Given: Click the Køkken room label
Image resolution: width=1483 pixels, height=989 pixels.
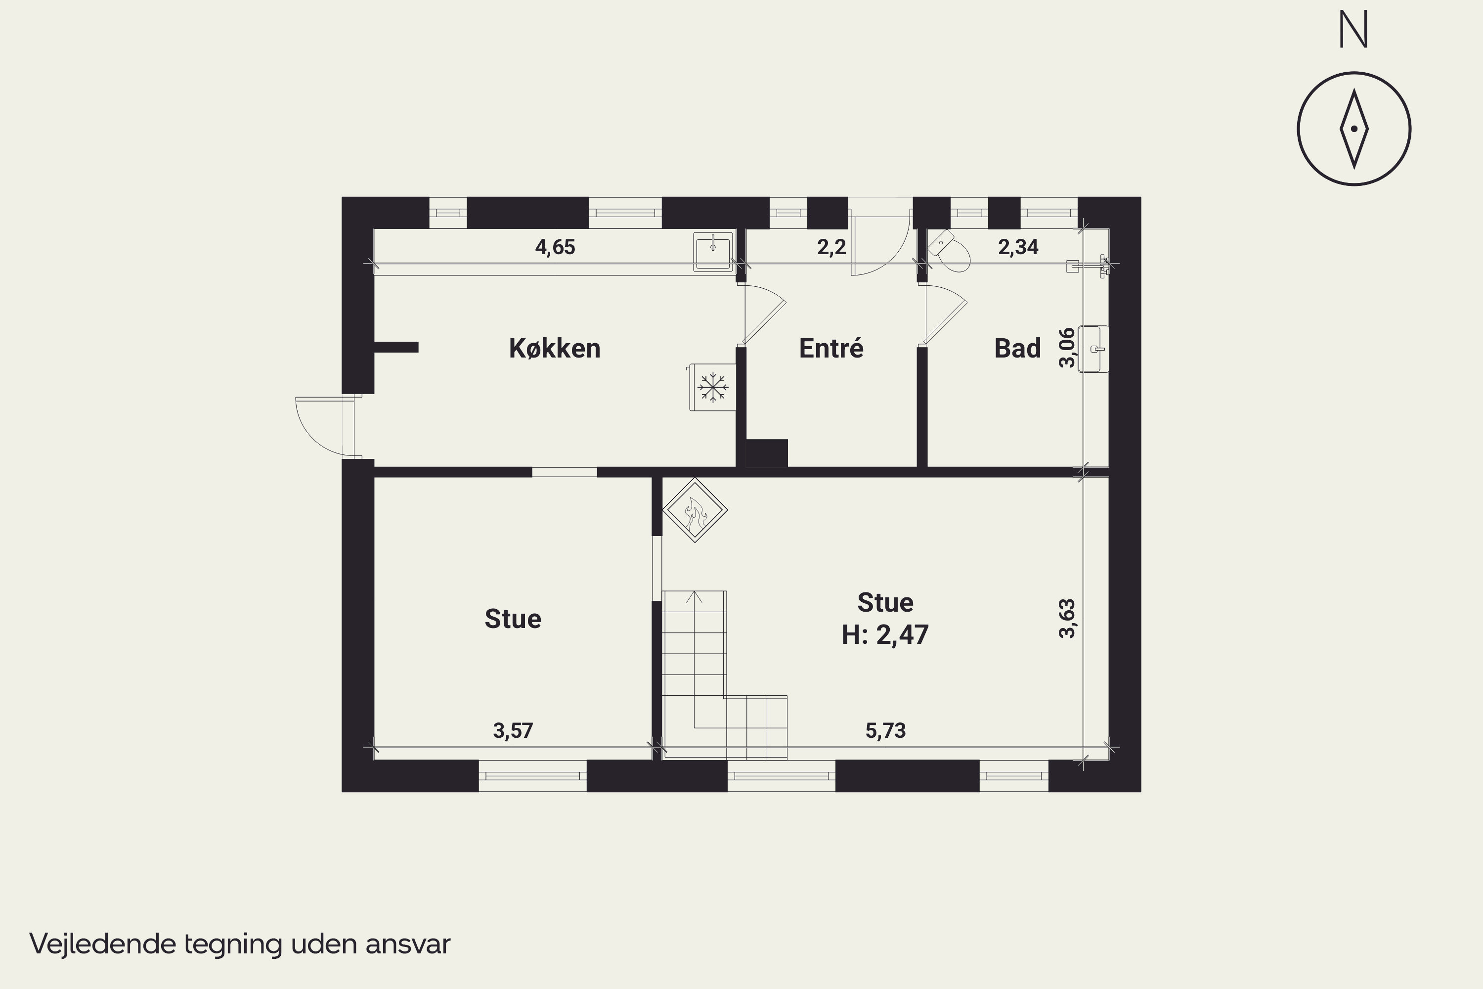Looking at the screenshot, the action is (x=554, y=348).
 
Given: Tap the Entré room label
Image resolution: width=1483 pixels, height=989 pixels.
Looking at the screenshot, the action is (x=831, y=348).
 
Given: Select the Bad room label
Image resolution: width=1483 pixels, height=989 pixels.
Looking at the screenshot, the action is (x=1017, y=348).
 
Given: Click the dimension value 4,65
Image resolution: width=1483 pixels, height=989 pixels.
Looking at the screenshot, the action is (x=555, y=247).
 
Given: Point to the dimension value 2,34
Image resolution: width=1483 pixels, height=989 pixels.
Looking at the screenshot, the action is (x=1018, y=247).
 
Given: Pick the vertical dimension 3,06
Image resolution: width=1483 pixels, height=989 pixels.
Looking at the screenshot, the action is (x=1067, y=348).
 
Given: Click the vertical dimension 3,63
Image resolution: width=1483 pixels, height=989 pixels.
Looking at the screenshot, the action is (x=1067, y=619).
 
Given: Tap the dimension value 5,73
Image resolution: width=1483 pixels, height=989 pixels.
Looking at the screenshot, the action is (x=885, y=730).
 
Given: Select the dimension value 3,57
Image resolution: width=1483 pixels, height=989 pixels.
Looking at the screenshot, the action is (x=513, y=730).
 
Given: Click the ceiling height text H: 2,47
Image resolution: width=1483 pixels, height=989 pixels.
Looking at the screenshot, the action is (x=885, y=634).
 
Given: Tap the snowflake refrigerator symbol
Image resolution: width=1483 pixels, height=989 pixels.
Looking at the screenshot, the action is (x=712, y=387).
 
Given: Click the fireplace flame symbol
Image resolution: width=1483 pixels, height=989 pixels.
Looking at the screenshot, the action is (x=695, y=510).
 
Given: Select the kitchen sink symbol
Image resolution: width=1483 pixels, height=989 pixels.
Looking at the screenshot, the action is (x=713, y=251).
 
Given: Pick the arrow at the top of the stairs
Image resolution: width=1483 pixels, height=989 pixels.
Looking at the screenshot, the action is (x=694, y=596).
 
